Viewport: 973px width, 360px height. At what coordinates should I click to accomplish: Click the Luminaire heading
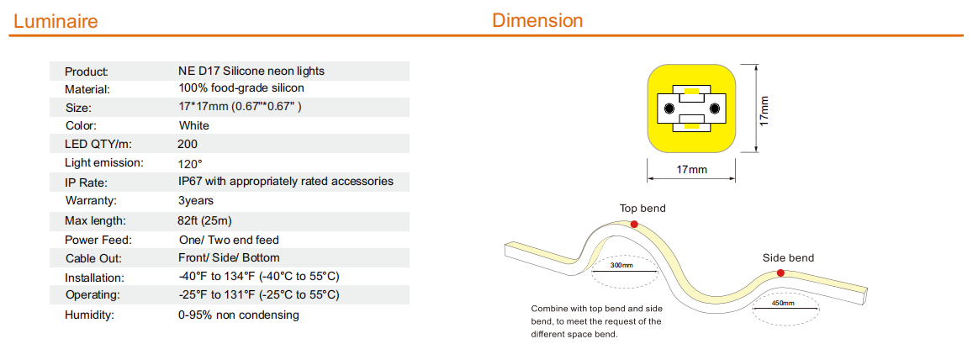point(56,22)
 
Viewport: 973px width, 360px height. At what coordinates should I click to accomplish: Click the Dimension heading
point(537,20)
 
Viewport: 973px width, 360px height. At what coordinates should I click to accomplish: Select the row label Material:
point(87,89)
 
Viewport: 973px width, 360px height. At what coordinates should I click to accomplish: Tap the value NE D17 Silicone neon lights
point(251,71)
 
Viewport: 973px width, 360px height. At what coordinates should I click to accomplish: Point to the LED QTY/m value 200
point(188,145)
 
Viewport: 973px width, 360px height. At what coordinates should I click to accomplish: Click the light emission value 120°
point(190,164)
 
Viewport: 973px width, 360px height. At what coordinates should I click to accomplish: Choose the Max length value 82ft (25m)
point(205,221)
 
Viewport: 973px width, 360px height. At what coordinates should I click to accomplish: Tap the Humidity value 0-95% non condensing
point(238,315)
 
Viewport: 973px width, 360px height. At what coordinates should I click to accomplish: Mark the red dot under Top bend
point(633,224)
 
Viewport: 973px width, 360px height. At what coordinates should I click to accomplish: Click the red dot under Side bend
point(780,273)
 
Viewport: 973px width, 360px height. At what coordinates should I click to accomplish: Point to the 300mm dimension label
point(621,266)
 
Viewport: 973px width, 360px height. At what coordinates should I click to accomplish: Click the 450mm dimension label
point(783,304)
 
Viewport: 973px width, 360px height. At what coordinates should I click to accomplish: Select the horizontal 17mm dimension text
point(692,169)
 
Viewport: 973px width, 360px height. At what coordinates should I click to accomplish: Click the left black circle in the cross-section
point(669,109)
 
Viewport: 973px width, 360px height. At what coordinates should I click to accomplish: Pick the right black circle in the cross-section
point(714,109)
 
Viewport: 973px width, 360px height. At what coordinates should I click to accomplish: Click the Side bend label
point(788,257)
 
